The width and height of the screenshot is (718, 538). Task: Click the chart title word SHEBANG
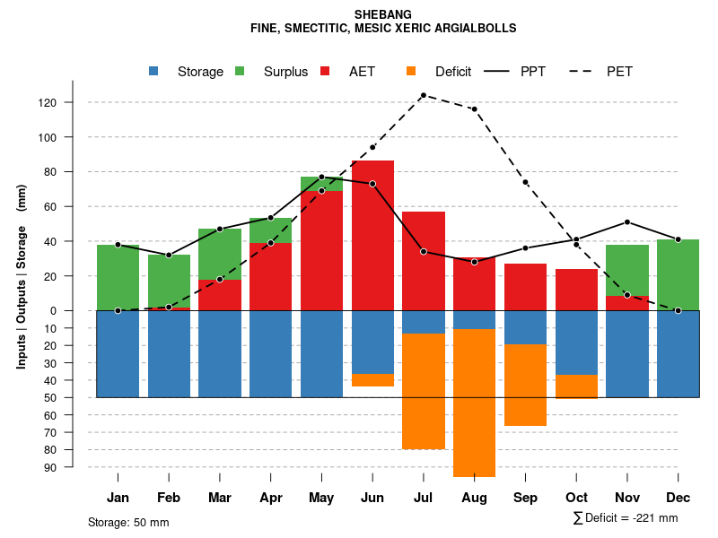coord(383,15)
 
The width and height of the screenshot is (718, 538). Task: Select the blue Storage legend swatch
coord(153,71)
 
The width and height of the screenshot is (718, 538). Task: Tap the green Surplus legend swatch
coord(240,71)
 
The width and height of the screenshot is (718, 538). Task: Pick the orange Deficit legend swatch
coord(411,71)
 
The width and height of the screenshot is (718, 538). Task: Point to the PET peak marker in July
coord(423,95)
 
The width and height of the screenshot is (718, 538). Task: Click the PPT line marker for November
coord(627,221)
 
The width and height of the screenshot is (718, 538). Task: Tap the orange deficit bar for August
coord(474,403)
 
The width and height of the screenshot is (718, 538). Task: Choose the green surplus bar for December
coord(679,274)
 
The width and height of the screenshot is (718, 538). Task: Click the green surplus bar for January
coord(118,277)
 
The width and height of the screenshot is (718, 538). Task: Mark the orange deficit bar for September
coord(525,385)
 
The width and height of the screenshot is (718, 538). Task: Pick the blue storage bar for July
coord(423,322)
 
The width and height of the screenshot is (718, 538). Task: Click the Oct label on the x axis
coord(576,498)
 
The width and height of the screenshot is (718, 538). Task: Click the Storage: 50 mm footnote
coord(128,522)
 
